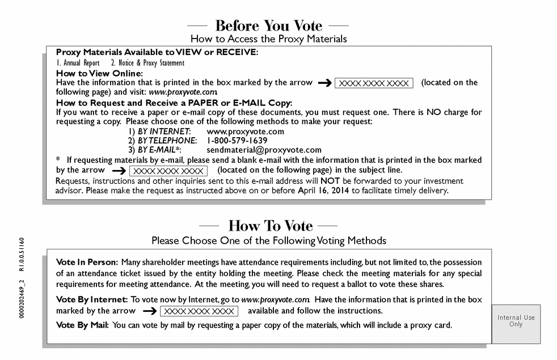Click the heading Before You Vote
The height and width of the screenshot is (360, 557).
click(268, 26)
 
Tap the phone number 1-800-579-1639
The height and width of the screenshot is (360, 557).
click(237, 140)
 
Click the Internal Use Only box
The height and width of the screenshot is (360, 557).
click(516, 321)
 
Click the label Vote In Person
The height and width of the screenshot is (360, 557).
click(87, 262)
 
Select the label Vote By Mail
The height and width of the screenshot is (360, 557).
click(82, 325)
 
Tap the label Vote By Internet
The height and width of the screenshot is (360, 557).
click(91, 299)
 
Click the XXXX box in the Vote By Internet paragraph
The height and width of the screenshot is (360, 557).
click(199, 311)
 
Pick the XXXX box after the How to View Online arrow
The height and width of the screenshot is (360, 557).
click(373, 83)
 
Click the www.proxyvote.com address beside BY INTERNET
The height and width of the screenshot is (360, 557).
click(245, 131)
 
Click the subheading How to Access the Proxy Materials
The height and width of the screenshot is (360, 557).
click(268, 39)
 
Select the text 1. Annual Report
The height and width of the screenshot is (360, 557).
click(78, 63)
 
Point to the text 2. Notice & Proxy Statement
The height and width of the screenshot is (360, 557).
click(147, 63)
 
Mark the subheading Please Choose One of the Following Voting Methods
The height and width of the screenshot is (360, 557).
click(268, 240)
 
